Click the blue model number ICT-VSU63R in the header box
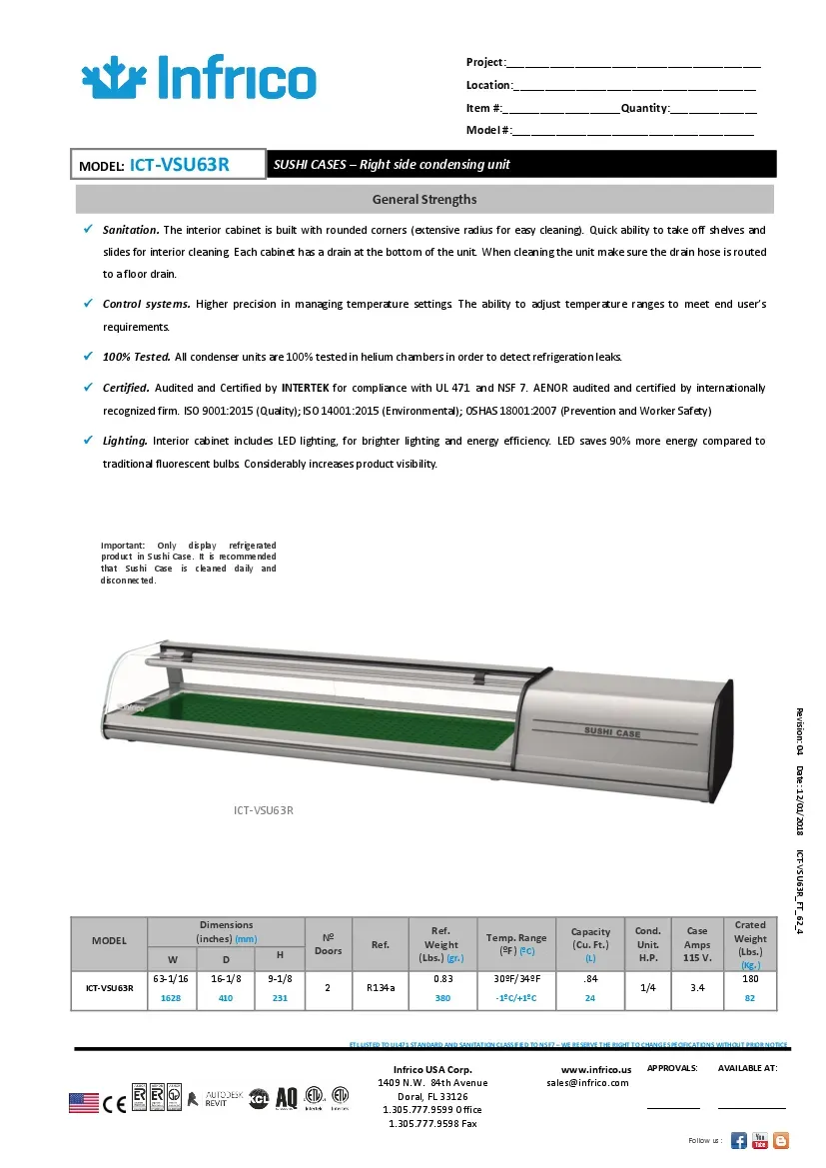coord(180,164)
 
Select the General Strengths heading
coord(424,199)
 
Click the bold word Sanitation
coord(130,230)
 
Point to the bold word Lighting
coord(125,441)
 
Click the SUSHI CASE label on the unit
coord(612,732)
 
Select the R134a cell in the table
coord(380,987)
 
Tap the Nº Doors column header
coord(329,944)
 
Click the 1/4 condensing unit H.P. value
coord(648,987)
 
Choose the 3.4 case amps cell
coord(697,987)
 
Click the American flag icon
coord(84,1103)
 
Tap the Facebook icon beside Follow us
coord(739,1140)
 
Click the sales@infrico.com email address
coord(587,1082)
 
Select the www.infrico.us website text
coord(589,1069)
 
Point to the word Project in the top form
coord(485,63)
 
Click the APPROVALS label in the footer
coord(672,1068)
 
